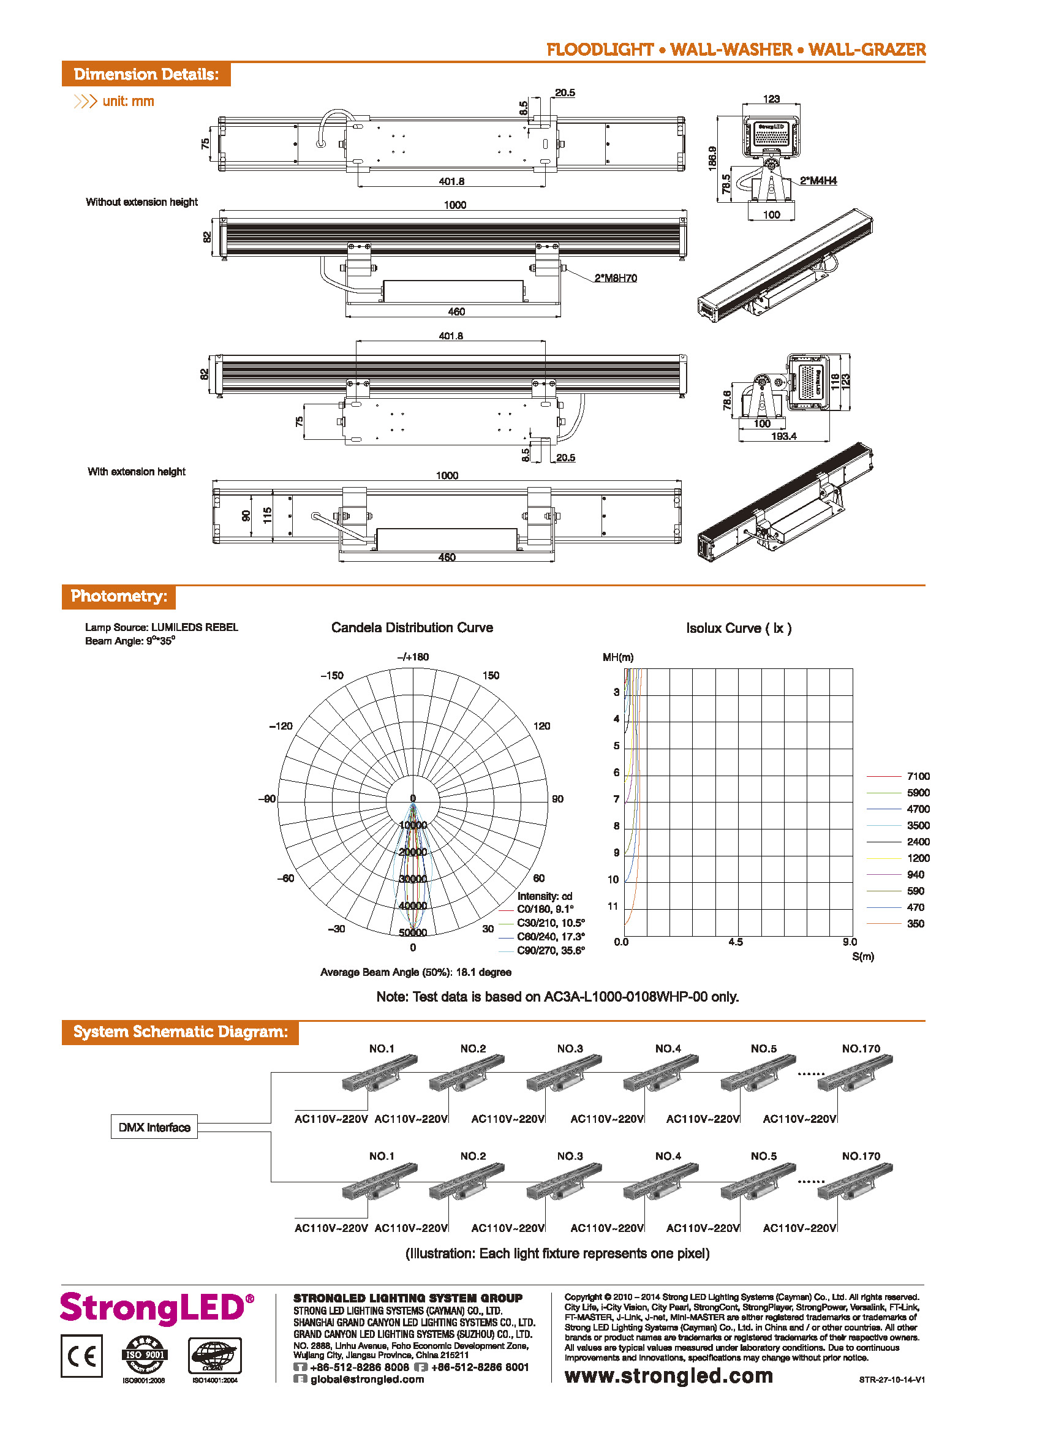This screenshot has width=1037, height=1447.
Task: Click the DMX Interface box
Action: pyautogui.click(x=154, y=1127)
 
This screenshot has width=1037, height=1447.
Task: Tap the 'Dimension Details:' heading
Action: pyautogui.click(x=146, y=74)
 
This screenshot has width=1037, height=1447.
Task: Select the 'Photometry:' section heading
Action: pyautogui.click(x=119, y=596)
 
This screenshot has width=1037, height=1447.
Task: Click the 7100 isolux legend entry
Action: pyautogui.click(x=918, y=776)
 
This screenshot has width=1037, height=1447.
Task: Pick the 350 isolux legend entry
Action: pyautogui.click(x=915, y=923)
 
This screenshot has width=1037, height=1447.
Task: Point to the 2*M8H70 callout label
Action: pyautogui.click(x=616, y=278)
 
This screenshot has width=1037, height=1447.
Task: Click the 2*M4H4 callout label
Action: pyautogui.click(x=818, y=181)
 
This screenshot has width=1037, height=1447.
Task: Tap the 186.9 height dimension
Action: pyautogui.click(x=712, y=158)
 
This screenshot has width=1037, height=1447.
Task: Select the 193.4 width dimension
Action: pyautogui.click(x=783, y=436)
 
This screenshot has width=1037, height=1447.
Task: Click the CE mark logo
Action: pyautogui.click(x=81, y=1356)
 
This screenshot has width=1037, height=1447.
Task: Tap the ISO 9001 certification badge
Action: pyautogui.click(x=145, y=1354)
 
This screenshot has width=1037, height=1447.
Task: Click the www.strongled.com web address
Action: pyautogui.click(x=668, y=1376)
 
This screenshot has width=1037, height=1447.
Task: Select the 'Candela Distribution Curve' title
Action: pyautogui.click(x=412, y=627)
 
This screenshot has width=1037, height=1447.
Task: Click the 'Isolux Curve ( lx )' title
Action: pyautogui.click(x=739, y=628)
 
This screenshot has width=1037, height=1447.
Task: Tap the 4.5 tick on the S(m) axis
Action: pyautogui.click(x=736, y=942)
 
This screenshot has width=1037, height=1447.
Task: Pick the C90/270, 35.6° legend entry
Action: pyautogui.click(x=550, y=951)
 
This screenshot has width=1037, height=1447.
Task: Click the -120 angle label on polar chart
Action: pyautogui.click(x=281, y=726)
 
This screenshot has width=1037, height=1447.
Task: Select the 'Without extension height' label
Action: pyautogui.click(x=141, y=202)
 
